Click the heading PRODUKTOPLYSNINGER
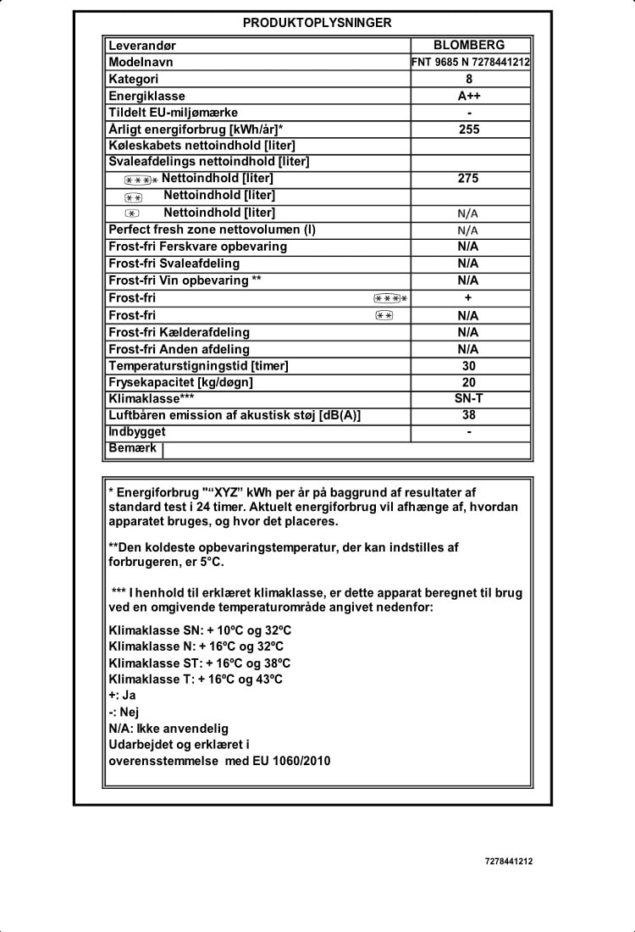(317, 23)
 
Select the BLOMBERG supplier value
(468, 46)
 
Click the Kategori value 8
(469, 79)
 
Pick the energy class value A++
(469, 96)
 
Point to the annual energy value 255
(469, 130)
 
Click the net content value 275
(468, 179)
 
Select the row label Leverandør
(142, 46)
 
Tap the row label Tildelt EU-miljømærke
(173, 113)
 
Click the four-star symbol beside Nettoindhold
(140, 180)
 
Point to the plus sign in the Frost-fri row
(468, 298)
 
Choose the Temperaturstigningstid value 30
(469, 366)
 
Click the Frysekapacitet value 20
(469, 383)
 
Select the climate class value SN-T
(469, 399)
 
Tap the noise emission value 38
(469, 415)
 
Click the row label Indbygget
(137, 432)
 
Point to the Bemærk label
(133, 448)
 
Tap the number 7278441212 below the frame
(509, 862)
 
